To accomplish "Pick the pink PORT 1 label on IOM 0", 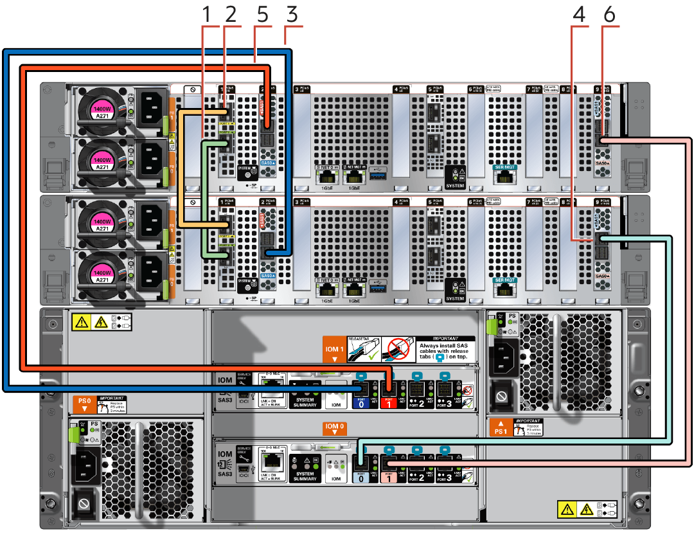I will click(387, 476).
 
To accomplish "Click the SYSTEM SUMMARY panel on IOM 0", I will click(305, 476).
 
